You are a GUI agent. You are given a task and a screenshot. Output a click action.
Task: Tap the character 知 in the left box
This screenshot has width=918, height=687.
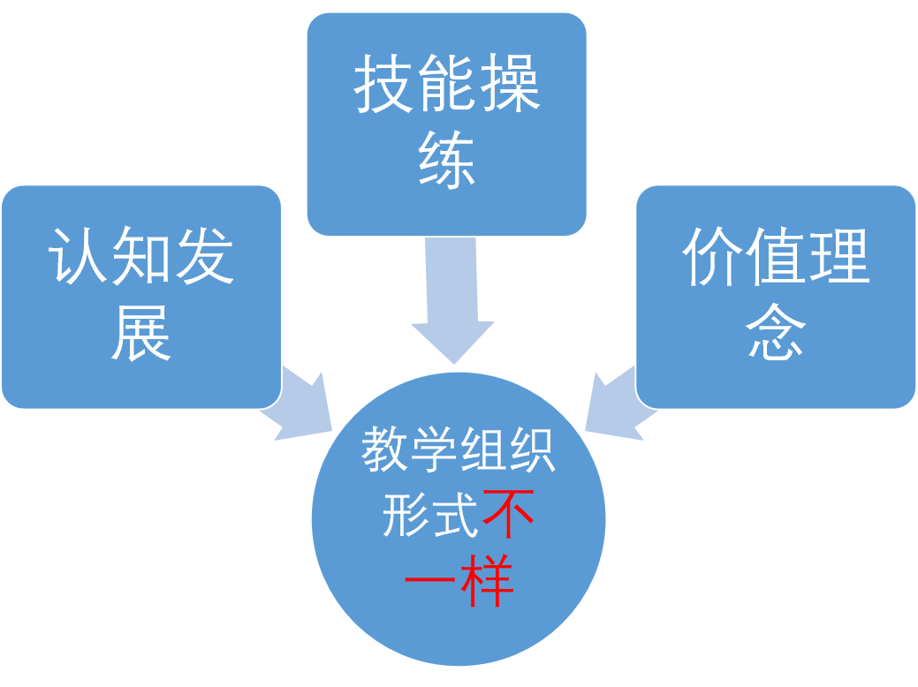pyautogui.click(x=141, y=258)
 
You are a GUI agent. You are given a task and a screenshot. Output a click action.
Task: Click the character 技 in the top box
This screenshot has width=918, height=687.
pyautogui.click(x=383, y=86)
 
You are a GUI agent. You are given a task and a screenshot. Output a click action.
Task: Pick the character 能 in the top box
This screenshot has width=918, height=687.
pyautogui.click(x=447, y=86)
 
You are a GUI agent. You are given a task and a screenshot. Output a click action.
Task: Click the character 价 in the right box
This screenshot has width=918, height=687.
pyautogui.click(x=712, y=258)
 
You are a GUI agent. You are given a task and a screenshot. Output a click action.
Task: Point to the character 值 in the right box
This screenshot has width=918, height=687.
pyautogui.click(x=776, y=258)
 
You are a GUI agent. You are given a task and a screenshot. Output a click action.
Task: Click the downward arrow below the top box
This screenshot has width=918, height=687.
pyautogui.click(x=452, y=300)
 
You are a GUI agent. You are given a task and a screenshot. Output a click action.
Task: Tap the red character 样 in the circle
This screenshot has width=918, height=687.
pyautogui.click(x=487, y=579)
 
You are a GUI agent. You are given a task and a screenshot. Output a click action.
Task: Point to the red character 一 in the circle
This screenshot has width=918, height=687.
pyautogui.click(x=430, y=579)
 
